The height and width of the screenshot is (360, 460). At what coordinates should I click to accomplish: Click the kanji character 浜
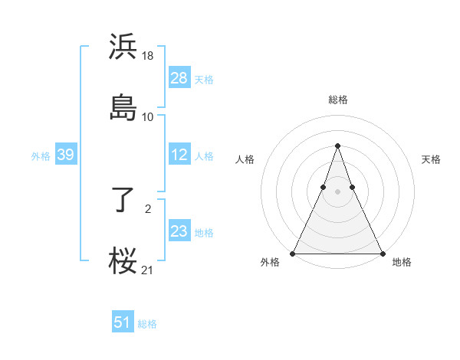click(x=123, y=47)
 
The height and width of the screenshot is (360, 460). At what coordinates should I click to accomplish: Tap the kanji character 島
click(x=123, y=106)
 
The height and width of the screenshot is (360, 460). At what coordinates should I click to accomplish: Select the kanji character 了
click(x=123, y=200)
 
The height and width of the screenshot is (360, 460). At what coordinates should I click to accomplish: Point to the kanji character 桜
click(x=123, y=260)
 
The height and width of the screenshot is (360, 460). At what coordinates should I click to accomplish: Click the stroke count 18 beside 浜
click(x=148, y=56)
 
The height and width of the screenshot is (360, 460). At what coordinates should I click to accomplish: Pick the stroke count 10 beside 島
click(x=148, y=116)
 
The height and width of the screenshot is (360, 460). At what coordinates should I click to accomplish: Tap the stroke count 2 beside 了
click(x=148, y=208)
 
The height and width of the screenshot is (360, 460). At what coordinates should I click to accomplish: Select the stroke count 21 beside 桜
click(x=148, y=270)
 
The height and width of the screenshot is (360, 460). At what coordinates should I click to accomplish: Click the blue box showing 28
click(x=179, y=78)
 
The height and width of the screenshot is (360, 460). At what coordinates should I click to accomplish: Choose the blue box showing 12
click(x=179, y=155)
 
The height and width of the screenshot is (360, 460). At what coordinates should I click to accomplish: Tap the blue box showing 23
click(x=179, y=231)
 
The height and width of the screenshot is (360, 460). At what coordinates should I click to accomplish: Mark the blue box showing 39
click(x=65, y=155)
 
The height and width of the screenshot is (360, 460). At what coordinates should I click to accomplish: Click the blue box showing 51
click(x=123, y=322)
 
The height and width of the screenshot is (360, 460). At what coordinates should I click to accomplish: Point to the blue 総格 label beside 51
click(x=147, y=324)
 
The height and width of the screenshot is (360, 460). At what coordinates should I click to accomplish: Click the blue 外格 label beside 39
click(x=41, y=155)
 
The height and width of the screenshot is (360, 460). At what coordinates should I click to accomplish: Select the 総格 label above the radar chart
click(x=337, y=100)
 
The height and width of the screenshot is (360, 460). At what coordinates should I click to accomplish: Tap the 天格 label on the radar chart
click(x=431, y=159)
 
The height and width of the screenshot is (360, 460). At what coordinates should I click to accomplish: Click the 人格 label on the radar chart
click(x=245, y=159)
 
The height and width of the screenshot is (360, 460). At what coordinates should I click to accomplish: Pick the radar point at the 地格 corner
click(x=382, y=253)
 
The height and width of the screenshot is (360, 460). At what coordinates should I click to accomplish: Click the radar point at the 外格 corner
click(x=293, y=253)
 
